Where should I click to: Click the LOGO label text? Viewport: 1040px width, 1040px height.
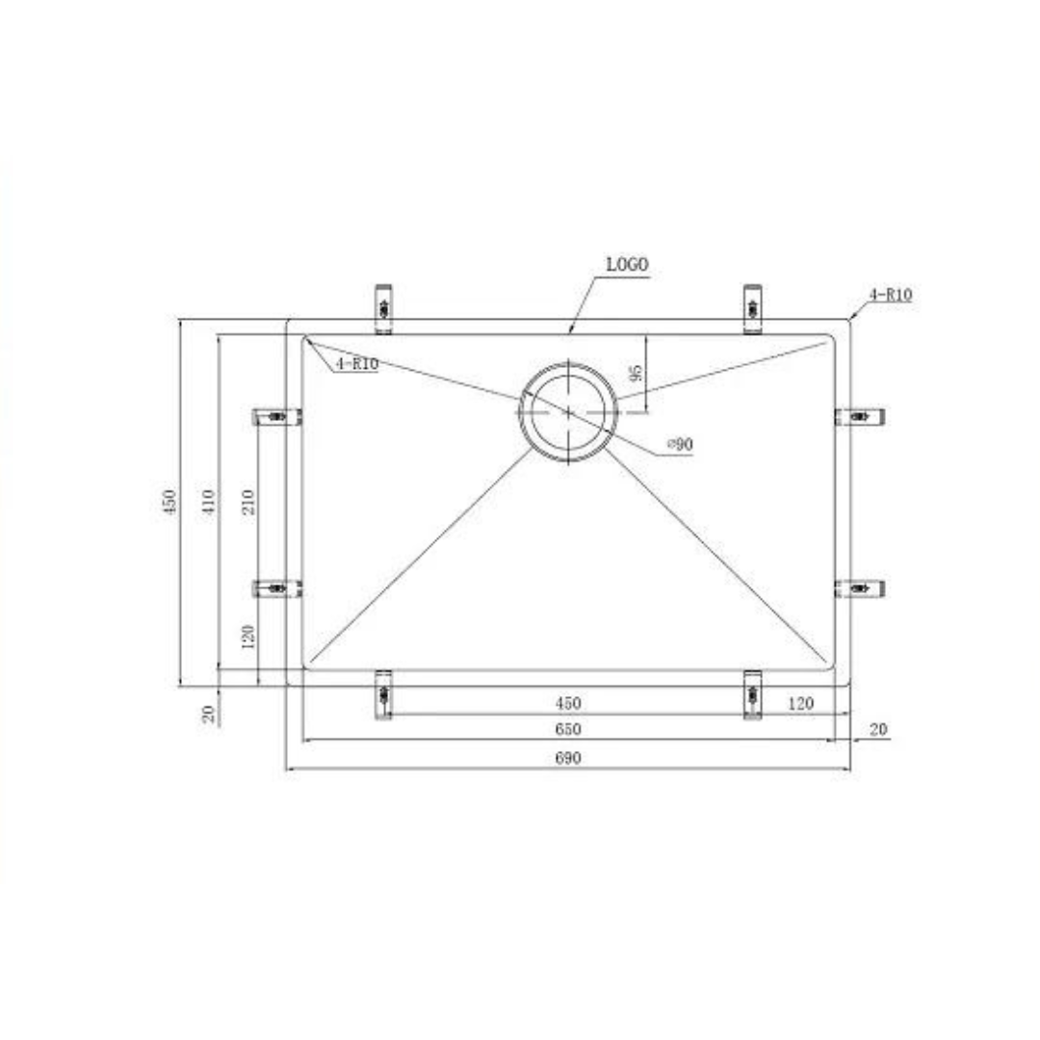628,264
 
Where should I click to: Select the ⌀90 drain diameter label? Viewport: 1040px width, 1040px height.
679,444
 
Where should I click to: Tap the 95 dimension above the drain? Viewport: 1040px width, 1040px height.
636,374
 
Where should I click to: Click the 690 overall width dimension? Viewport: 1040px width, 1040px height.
568,758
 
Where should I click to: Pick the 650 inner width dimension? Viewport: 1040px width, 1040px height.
568,729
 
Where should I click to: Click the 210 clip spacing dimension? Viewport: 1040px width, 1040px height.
248,502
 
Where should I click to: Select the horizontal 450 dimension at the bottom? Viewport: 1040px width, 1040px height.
568,703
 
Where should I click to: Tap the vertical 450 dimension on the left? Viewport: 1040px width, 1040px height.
170,502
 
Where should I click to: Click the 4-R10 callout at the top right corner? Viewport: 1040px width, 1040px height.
891,296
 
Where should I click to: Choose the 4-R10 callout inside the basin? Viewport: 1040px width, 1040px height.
356,364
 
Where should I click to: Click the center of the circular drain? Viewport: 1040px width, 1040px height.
568,411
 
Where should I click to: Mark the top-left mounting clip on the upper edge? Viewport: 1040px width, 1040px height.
383,307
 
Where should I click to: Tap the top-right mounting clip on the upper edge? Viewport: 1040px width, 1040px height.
752,307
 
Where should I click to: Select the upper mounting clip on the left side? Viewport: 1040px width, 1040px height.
276,416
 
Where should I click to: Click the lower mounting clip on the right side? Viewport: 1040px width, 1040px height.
860,587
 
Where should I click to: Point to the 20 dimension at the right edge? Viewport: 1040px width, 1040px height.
877,730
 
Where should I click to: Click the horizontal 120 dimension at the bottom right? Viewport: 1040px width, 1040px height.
800,703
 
